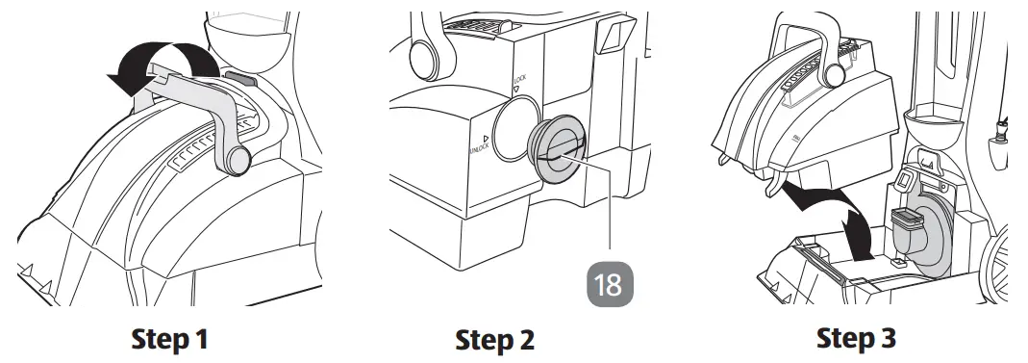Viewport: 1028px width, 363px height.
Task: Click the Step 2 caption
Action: tap(494, 340)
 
